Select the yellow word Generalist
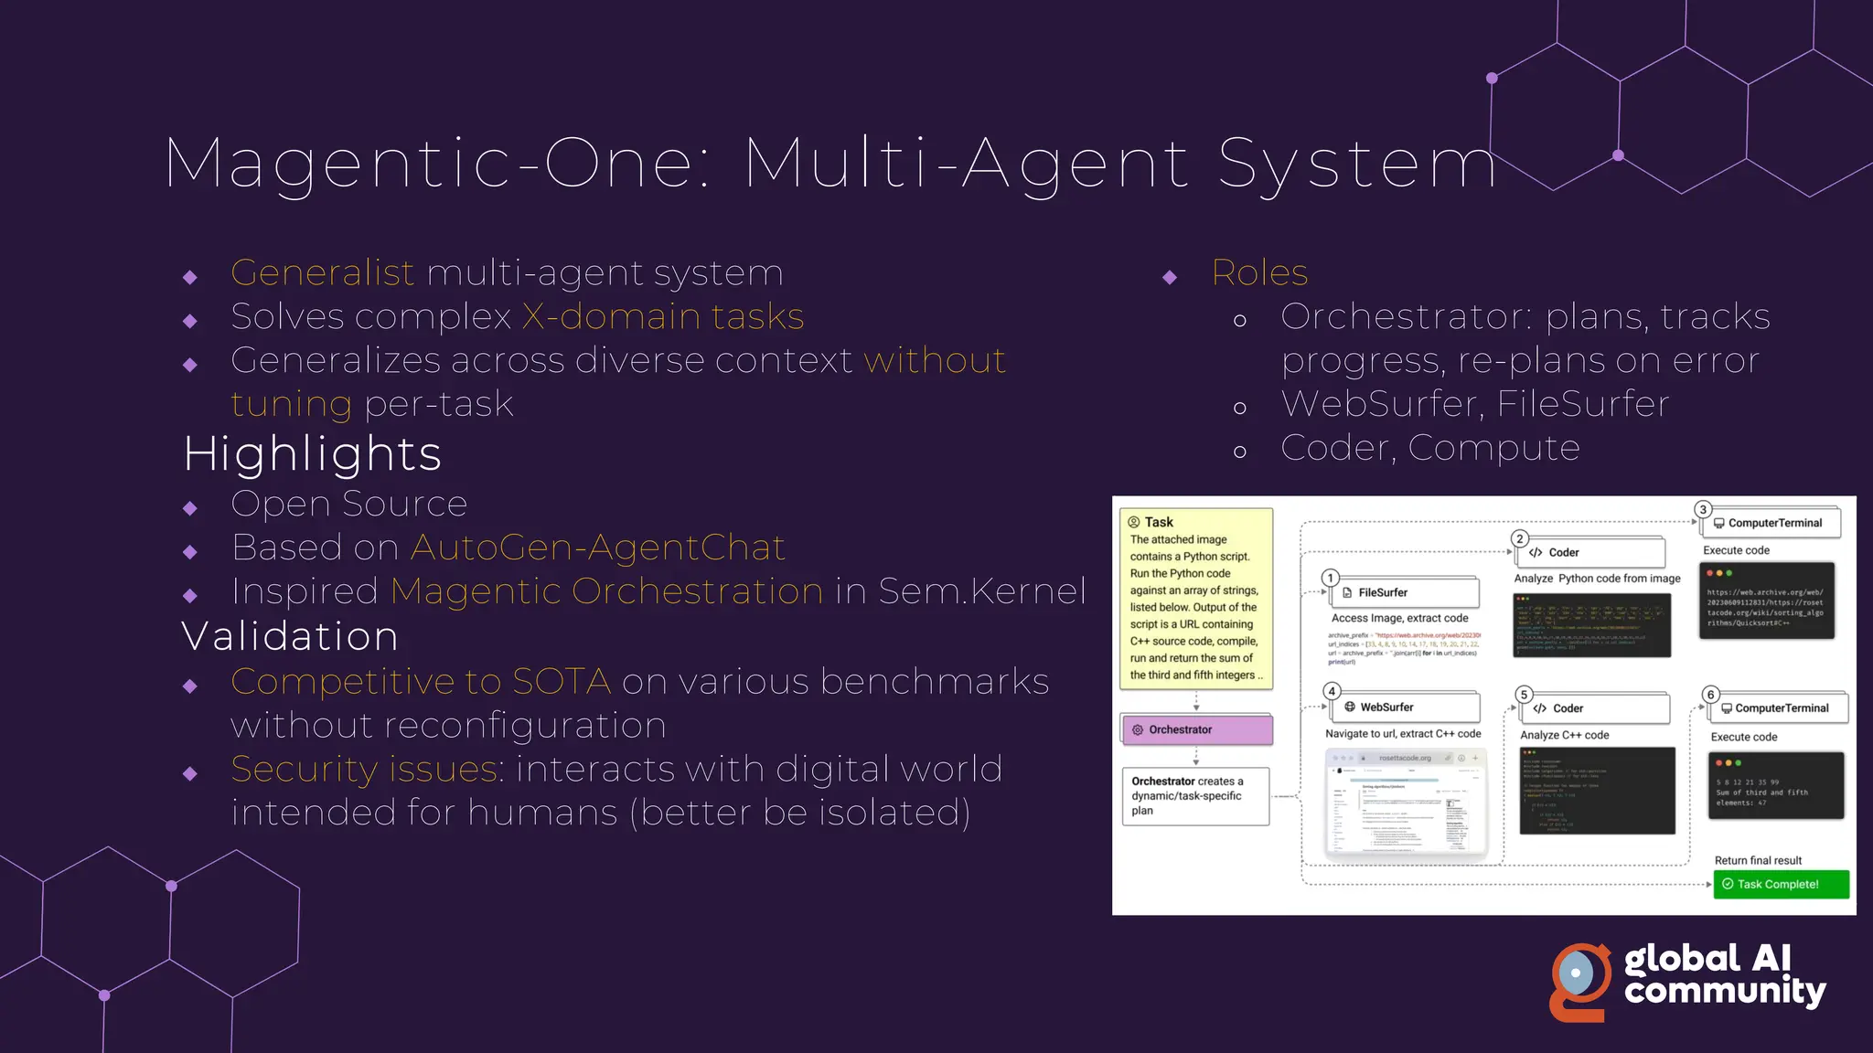click(x=322, y=272)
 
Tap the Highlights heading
click(x=312, y=453)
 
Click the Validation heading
click(x=290, y=636)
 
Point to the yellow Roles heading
click(x=1259, y=272)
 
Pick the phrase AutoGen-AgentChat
click(x=597, y=548)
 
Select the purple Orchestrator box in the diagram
click(x=1196, y=729)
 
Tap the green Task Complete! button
click(x=1780, y=884)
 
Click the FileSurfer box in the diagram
click(x=1406, y=592)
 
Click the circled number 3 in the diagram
click(x=1702, y=510)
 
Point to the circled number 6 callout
click(x=1710, y=695)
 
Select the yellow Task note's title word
click(x=1159, y=522)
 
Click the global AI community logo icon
click(x=1580, y=982)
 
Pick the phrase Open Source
click(x=348, y=504)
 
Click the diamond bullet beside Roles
click(x=1170, y=277)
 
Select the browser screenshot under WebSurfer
click(x=1406, y=803)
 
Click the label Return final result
click(x=1757, y=860)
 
